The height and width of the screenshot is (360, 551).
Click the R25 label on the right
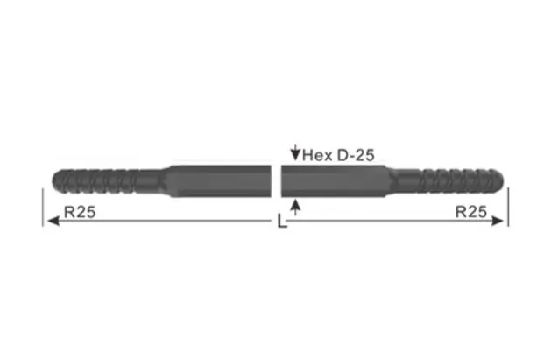coord(470,211)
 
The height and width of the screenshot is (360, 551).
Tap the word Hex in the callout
coord(315,155)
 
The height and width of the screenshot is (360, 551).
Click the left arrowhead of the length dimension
coord(51,222)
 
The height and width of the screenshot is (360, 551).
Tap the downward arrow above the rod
coord(294,154)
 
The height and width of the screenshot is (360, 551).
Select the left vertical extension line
coord(42,207)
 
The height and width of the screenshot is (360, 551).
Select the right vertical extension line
coord(508,207)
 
